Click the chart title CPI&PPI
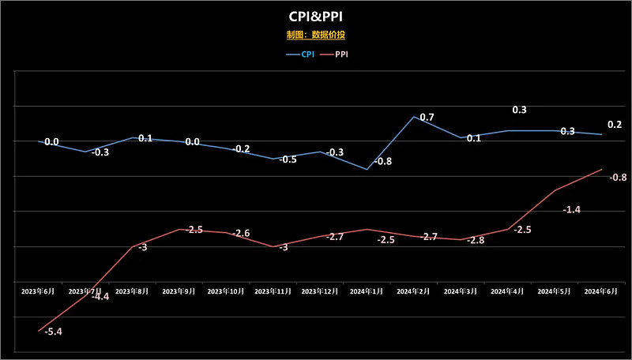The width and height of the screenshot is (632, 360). click(316, 17)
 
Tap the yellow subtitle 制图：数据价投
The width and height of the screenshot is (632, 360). click(316, 35)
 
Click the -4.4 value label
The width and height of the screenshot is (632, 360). click(100, 297)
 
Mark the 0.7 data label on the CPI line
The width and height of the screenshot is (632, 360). click(427, 118)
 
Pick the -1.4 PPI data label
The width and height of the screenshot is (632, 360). click(572, 210)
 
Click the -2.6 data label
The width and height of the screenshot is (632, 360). click(242, 234)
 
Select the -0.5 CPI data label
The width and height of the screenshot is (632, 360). click(288, 159)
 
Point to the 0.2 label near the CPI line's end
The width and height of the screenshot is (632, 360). click(614, 125)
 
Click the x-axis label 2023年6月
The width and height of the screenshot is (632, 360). click(39, 291)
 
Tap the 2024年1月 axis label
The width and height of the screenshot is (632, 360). click(367, 291)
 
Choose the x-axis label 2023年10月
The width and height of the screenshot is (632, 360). click(226, 291)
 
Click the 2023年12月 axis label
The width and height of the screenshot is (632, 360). click(320, 291)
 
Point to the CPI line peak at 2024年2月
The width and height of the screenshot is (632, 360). click(414, 117)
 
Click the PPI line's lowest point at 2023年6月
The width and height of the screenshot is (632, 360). click(39, 331)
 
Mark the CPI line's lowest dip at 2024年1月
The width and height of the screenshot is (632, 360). click(367, 169)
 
